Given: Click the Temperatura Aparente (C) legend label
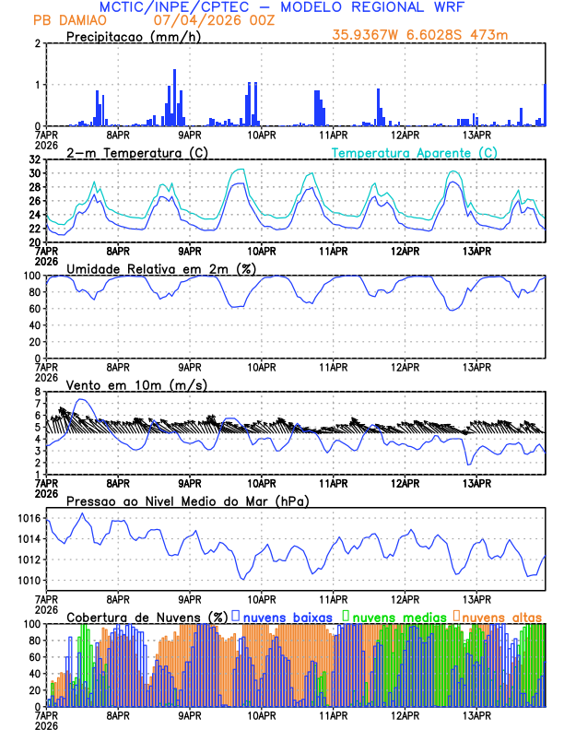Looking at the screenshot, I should [414, 153].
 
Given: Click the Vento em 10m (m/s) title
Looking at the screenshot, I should [136, 384].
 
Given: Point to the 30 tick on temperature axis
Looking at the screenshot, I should [35, 173].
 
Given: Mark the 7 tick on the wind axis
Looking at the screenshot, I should [39, 405].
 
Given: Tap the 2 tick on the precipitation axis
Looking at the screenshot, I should [39, 43].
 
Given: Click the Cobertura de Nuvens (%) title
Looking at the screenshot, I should [147, 616].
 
